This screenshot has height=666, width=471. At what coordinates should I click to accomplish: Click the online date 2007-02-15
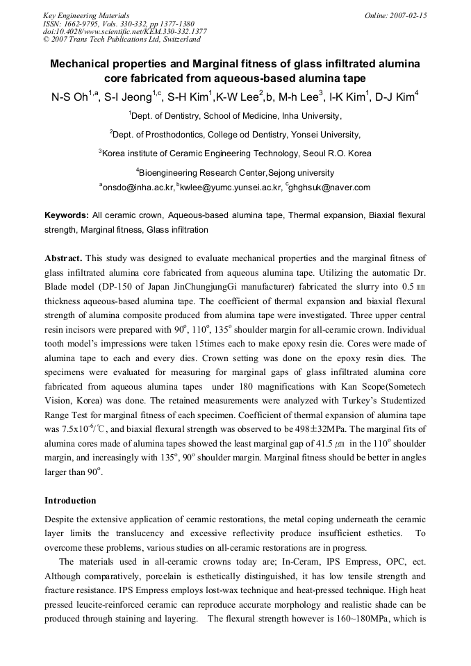[x=408, y=15]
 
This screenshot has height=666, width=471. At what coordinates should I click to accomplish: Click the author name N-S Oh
[x=64, y=97]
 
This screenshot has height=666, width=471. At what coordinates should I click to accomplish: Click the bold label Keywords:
[x=67, y=216]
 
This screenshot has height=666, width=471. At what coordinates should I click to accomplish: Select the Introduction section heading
[x=70, y=500]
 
